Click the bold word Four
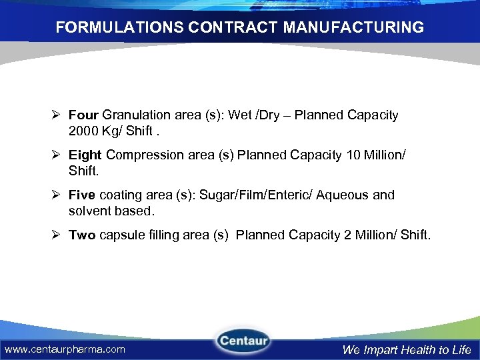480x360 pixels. (83, 115)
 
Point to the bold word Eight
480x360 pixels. (85, 155)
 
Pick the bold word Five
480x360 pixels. (82, 195)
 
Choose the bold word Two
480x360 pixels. (82, 235)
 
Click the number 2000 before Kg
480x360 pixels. (83, 131)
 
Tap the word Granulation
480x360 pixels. (137, 115)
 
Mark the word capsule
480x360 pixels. (121, 235)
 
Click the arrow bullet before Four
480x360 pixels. (57, 115)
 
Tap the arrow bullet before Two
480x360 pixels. (57, 235)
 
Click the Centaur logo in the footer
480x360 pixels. (242, 341)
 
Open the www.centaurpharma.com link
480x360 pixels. (65, 349)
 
